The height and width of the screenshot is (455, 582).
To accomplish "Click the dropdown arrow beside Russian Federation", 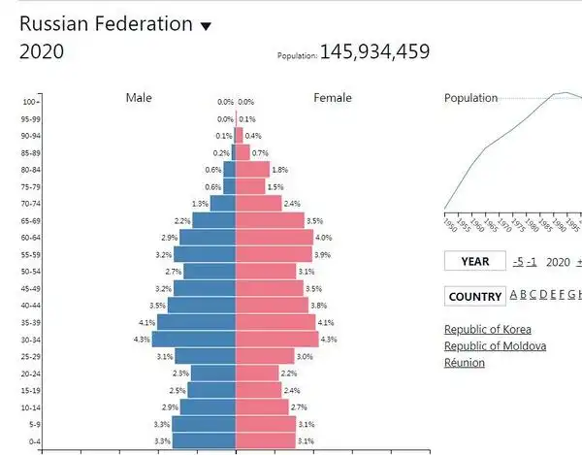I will coord(205,27).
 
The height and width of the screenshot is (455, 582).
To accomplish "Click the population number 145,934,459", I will coord(374,51).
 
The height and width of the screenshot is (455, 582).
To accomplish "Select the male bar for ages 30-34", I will coord(194,339).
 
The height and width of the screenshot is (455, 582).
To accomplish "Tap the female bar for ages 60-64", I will coord(275,237).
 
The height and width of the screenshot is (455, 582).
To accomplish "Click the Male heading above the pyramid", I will coord(140,97).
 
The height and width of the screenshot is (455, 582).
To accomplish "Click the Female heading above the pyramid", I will coord(332,97).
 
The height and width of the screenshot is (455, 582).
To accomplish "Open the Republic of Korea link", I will coord(487,329).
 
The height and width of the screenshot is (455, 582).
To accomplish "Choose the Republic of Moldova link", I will coord(495,346).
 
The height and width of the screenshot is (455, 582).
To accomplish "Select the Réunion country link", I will coord(465,363).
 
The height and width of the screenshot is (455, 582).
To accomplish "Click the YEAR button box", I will coord(475,261).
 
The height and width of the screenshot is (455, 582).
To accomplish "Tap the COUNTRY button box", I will coord(475,296).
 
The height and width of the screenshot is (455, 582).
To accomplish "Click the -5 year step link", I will coord(519,261).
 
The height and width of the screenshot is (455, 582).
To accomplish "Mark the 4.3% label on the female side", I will coord(328,340).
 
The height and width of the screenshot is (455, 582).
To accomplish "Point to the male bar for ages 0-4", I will coord(204,440).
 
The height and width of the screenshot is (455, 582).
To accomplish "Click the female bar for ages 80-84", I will coord(252,169).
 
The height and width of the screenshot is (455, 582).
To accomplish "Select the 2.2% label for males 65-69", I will coord(181,221).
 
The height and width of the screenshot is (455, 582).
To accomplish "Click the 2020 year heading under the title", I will coord(42,52).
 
